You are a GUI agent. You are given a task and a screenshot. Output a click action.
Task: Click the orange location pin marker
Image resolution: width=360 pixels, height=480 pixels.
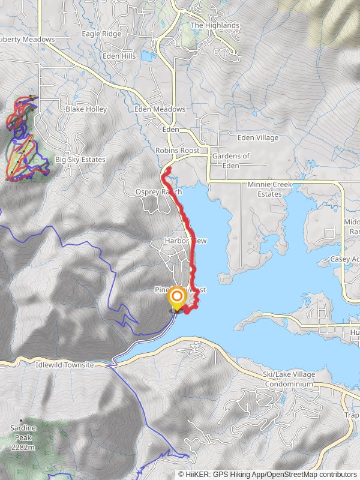tap(177, 298)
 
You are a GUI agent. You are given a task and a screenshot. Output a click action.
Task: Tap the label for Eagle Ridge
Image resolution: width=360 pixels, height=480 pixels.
tap(101, 34)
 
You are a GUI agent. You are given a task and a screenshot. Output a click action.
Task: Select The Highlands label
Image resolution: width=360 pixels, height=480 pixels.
tap(215, 26)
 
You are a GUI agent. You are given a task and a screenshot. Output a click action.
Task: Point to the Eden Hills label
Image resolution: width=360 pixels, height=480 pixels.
tap(119, 56)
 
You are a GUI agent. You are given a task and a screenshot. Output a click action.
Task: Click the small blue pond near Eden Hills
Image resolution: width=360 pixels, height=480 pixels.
tap(146, 56)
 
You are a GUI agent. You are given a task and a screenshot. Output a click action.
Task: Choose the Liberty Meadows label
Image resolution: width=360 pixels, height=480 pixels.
tap(26, 40)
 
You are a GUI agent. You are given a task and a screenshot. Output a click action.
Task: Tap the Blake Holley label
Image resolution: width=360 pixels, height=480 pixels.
tap(86, 109)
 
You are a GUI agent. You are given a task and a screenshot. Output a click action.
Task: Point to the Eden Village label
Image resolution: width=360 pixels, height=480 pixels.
tap(258, 137)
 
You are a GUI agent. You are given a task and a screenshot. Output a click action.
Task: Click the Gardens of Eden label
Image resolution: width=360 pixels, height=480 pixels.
tap(231, 160)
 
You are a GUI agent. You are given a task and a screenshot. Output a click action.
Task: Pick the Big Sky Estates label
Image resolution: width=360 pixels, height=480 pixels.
tap(80, 160)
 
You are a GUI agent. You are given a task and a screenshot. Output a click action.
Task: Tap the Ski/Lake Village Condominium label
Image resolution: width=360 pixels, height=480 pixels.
tap(289, 379)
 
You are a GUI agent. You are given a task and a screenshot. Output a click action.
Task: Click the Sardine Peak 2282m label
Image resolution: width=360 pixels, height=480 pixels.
tap(23, 437)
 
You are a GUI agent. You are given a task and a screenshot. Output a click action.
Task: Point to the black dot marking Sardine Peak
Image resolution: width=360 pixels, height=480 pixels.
tap(22, 420)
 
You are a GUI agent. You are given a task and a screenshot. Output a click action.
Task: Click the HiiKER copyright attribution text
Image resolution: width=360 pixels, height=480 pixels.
tap(266, 474)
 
